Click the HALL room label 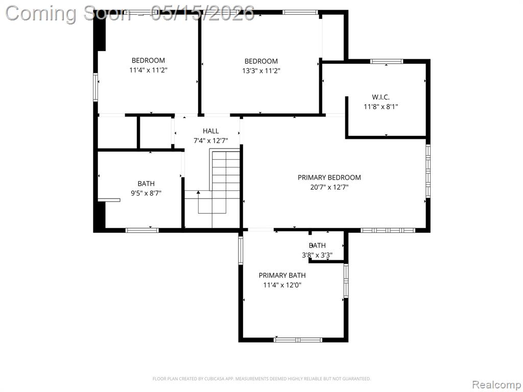tap(211, 131)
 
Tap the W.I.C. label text tap(381, 97)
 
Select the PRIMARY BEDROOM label tap(329, 177)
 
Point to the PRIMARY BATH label tap(282, 275)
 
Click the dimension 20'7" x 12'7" tap(329, 187)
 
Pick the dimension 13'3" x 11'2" tap(261, 70)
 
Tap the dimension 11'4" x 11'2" tap(148, 70)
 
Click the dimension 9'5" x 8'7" tap(146, 193)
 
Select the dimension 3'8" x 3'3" tap(317, 256)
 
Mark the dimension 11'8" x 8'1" tap(381, 107)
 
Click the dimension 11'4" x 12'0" tap(282, 285)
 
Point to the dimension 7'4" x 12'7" tap(211, 141)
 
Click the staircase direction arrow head tap(199, 192)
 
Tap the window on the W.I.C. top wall tap(387, 61)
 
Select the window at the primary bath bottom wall tap(298, 340)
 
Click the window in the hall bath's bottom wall tap(142, 230)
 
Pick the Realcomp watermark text tap(496, 385)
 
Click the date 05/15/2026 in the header tap(202, 13)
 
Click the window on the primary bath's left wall tap(241, 250)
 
